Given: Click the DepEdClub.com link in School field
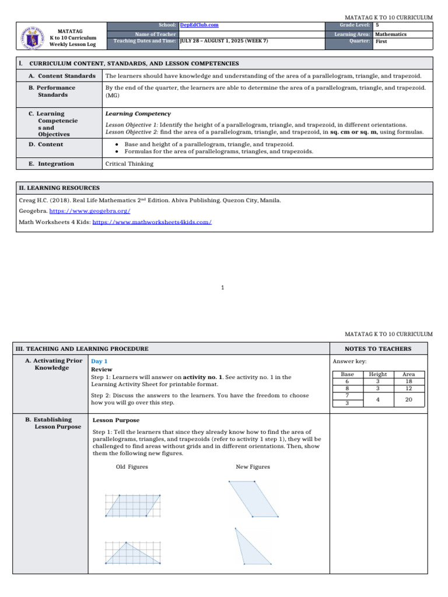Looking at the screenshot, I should click(x=199, y=26).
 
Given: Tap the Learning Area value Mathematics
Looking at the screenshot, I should click(x=391, y=34).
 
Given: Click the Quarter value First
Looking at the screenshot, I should click(x=381, y=42).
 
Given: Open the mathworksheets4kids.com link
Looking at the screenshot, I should click(x=152, y=222).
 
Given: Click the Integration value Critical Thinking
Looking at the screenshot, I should click(x=129, y=164).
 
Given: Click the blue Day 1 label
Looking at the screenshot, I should click(x=99, y=361).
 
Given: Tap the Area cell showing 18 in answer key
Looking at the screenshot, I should click(x=409, y=381).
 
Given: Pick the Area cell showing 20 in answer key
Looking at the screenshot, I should click(x=409, y=399).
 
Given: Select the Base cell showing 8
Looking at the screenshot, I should click(x=347, y=388).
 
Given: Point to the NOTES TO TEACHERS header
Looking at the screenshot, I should click(x=378, y=349).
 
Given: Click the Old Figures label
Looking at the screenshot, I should click(x=132, y=467).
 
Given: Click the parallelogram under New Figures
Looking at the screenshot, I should click(x=254, y=499).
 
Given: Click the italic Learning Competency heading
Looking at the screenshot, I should click(x=138, y=114).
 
